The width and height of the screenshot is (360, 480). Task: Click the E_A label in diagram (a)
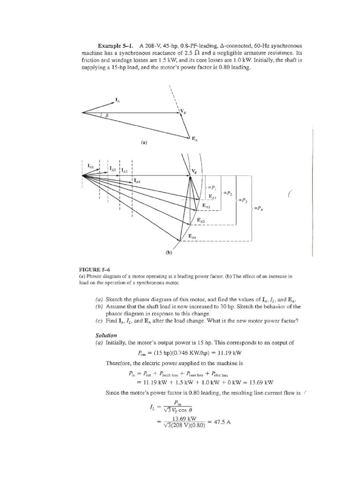pyautogui.click(x=195, y=138)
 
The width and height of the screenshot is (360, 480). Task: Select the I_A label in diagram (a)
pyautogui.click(x=118, y=99)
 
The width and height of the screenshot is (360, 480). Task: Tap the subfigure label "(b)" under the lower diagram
pyautogui.click(x=169, y=253)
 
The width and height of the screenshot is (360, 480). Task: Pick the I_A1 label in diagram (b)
pyautogui.click(x=91, y=166)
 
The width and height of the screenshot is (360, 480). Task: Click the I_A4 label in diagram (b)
pyautogui.click(x=137, y=181)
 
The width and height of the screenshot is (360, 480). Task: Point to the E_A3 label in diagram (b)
pyautogui.click(x=202, y=220)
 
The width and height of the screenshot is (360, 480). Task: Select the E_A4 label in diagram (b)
pyautogui.click(x=193, y=237)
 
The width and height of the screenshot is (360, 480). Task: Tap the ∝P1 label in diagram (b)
pyautogui.click(x=211, y=186)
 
